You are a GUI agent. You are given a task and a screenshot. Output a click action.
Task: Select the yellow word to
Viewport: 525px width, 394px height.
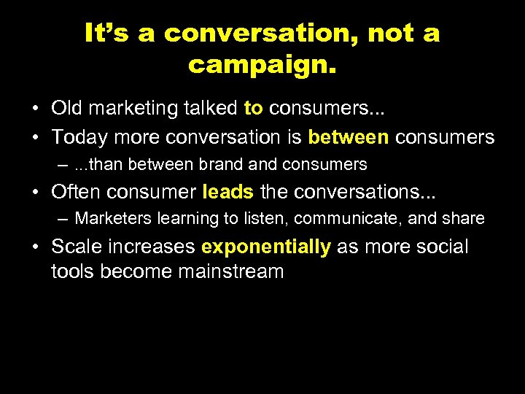[x=253, y=109]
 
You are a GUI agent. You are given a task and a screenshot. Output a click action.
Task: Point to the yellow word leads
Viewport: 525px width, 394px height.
[x=227, y=192]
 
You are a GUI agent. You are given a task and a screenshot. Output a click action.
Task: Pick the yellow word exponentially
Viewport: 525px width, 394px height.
[x=268, y=247]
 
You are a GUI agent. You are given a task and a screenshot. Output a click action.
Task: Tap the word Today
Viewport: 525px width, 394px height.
[x=79, y=136]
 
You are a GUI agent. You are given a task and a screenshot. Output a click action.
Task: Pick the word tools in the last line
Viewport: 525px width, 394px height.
[x=73, y=272]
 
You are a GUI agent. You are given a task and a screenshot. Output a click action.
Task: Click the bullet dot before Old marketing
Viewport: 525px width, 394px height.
[x=35, y=109]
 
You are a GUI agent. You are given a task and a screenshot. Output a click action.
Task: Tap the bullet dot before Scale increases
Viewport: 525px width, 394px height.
[x=35, y=247]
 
